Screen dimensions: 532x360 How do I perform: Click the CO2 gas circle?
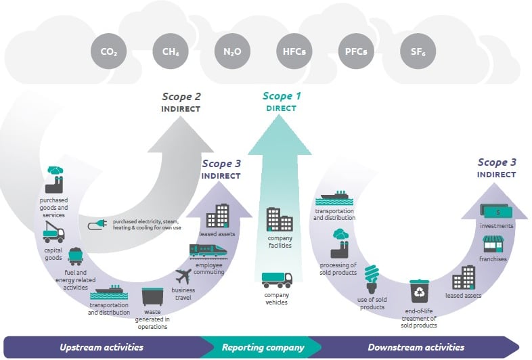tap(108, 51)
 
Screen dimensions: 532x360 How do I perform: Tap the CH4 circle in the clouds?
tap(171, 51)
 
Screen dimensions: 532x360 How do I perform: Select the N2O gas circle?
tap(232, 51)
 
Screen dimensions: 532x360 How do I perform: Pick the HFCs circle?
tap(294, 51)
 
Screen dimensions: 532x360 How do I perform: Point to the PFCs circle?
tap(356, 51)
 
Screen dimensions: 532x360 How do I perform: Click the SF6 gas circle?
tap(418, 51)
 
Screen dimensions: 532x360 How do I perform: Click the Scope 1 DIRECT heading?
tap(282, 102)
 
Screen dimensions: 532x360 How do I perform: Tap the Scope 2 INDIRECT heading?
tap(181, 102)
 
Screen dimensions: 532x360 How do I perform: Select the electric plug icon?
tap(97, 225)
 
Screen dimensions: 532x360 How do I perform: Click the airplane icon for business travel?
tap(183, 276)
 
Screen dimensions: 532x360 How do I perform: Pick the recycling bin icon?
tap(420, 291)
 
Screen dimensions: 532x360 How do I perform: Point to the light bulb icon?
tap(372, 279)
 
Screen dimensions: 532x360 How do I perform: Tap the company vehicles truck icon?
tap(277, 280)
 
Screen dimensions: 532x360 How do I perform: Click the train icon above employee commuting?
tap(208, 252)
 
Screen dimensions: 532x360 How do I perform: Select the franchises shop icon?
tap(493, 244)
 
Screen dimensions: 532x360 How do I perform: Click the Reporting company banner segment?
tap(263, 347)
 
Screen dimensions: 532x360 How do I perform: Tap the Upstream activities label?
tap(102, 347)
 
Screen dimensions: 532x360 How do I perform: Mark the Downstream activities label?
tap(416, 347)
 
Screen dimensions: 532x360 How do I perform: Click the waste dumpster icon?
tap(152, 297)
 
